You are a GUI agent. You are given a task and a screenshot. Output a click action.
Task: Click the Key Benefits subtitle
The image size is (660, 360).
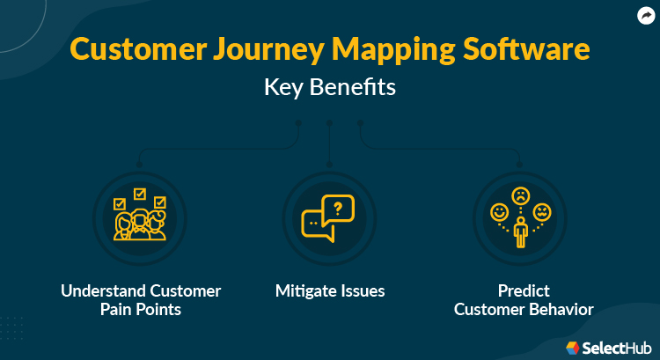(329, 89)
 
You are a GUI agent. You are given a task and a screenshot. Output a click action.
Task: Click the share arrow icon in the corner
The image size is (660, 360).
(646, 14)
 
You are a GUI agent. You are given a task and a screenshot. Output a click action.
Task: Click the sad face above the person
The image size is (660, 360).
(520, 195)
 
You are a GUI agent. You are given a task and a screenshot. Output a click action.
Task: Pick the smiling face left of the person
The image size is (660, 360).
(499, 212)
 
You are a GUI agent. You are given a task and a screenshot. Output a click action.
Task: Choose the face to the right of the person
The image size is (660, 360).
(541, 212)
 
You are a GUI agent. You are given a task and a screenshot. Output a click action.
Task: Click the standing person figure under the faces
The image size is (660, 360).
(520, 231)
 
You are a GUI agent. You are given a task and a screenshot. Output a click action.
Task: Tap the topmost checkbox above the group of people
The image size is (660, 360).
(138, 193)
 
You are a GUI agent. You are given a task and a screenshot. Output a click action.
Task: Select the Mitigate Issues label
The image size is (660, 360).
(329, 291)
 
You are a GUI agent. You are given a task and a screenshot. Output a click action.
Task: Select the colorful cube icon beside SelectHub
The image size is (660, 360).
(573, 347)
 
